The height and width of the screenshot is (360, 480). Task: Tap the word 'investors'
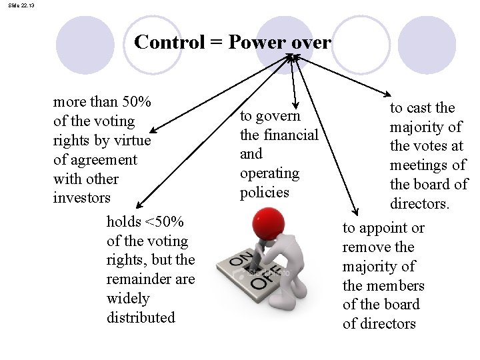[x=81, y=198]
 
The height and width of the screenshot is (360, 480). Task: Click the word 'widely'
[x=128, y=298]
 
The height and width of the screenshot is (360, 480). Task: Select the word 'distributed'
[x=141, y=317]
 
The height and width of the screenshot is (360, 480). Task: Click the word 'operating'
[x=269, y=173]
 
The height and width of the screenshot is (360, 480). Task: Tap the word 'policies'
[x=265, y=193]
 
